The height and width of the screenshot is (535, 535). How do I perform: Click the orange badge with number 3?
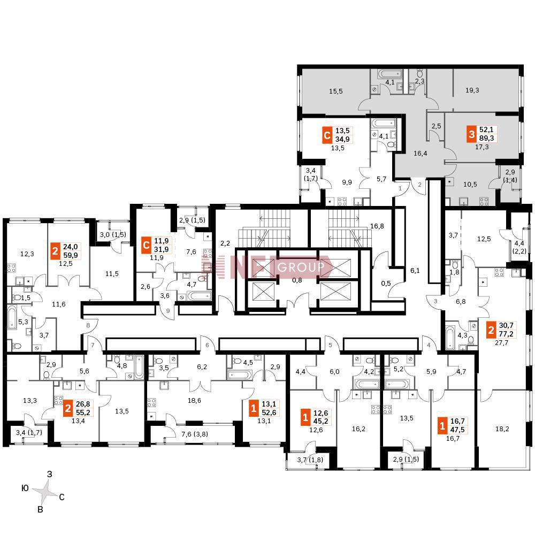coord(471,134)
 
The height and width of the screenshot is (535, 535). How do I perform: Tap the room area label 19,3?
coord(472,90)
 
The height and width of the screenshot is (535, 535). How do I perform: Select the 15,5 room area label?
coord(336,91)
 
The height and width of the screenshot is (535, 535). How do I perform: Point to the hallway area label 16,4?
coord(421,153)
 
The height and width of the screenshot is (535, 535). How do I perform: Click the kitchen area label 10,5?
coord(470,184)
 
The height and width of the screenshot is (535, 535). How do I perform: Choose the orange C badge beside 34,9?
coord(327,135)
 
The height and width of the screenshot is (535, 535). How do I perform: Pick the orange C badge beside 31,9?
coord(146,246)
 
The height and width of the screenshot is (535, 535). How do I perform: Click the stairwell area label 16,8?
coord(377,226)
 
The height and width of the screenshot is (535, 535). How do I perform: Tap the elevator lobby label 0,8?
coord(297,280)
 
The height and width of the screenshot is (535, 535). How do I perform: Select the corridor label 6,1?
coord(415,271)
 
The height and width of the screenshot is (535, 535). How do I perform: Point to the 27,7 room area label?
coord(502,342)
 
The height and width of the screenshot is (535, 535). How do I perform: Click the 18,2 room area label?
coord(502,429)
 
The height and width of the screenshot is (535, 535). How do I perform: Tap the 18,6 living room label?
coord(194,401)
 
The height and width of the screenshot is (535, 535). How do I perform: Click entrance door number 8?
coord(88,325)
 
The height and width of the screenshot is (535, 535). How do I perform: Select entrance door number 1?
coord(400,188)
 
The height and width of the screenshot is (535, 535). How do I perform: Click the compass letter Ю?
coord(25,488)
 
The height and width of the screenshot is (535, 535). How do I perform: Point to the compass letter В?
coord(40,510)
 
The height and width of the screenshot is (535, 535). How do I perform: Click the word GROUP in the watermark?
coord(301,267)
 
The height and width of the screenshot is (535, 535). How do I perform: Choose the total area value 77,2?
coord(506,334)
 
